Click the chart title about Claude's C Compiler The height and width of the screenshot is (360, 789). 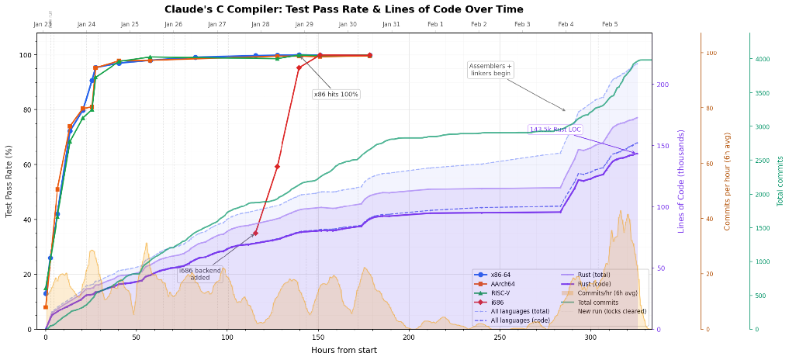tap(344, 9)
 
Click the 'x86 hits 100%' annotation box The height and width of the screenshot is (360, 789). tap(336, 95)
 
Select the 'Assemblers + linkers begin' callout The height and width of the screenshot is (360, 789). tap(490, 70)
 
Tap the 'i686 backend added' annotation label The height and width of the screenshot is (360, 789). tap(201, 274)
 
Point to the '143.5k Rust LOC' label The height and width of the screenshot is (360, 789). tap(554, 130)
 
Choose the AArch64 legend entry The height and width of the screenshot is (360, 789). tap(505, 284)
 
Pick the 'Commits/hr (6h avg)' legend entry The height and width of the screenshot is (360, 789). tap(599, 292)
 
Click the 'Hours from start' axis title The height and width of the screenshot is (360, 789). tap(344, 351)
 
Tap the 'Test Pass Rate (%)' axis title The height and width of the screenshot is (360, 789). tap(9, 181)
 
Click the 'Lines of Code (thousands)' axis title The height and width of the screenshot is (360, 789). tap(681, 181)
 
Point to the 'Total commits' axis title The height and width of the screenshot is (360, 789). tap(780, 181)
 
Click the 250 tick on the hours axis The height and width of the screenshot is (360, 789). tap(499, 337)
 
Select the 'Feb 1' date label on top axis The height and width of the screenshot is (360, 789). tap(435, 25)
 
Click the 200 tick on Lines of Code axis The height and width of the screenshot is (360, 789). tap(663, 84)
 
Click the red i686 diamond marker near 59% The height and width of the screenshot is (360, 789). tap(277, 166)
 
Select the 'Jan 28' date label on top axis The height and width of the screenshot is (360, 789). tap(261, 25)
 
